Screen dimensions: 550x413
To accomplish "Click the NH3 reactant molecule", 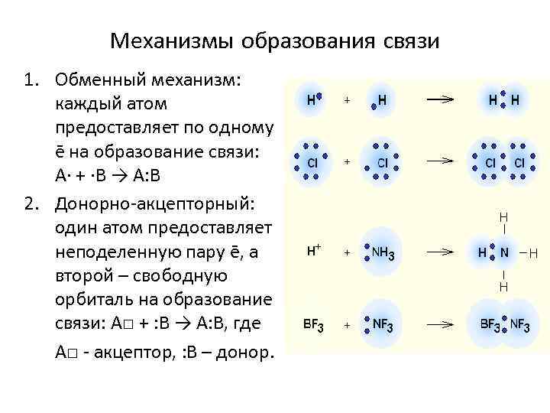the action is click(x=382, y=251).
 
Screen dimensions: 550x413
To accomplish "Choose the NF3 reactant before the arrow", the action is click(x=380, y=324).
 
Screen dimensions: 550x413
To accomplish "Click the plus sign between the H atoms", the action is click(x=347, y=100).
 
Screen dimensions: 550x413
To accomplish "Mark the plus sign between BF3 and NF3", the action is click(x=347, y=324).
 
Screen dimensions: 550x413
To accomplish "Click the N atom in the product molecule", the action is click(x=504, y=252).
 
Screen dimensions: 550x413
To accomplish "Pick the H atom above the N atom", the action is click(x=504, y=216).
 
